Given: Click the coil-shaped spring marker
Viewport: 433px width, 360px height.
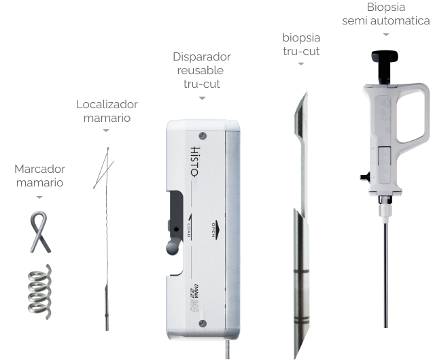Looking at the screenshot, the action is coord(40,292).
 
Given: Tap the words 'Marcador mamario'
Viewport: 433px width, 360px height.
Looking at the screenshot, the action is coord(39,176).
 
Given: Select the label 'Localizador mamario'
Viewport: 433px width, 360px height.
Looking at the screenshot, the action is coord(107,111).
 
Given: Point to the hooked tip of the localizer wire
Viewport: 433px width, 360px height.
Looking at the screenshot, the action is coord(108,149).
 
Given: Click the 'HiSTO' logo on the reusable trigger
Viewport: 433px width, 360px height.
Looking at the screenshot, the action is coord(195,161).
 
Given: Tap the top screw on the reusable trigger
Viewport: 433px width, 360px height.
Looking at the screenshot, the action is coord(203,135).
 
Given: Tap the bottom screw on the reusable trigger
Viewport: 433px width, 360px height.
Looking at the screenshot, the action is coord(203,324).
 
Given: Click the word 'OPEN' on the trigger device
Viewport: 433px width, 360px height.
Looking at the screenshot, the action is coord(213,230).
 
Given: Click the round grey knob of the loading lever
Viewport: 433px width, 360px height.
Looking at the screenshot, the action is coord(173,248).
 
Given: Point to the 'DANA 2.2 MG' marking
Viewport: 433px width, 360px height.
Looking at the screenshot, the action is coord(194,298).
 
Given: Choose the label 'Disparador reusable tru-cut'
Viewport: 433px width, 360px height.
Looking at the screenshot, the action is coord(202,70).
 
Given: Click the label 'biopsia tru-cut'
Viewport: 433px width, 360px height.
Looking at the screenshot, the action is coord(301,44).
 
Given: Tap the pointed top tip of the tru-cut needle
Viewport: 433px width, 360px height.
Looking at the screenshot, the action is coord(307,93).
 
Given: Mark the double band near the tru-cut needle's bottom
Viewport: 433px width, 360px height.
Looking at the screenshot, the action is coord(301,320).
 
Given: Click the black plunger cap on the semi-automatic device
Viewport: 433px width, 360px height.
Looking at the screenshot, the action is coord(385,56).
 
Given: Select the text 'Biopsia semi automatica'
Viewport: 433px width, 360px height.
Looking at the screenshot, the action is coord(386,14).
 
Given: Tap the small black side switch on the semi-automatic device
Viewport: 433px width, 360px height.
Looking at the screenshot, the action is coord(365,177).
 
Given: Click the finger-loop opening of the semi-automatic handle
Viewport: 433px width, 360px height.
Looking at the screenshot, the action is coord(411,116).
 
